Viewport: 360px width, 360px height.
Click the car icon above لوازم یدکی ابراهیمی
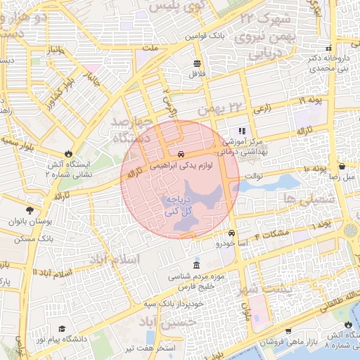click(x=181, y=154)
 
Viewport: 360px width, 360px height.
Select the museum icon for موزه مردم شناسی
click(x=195, y=265)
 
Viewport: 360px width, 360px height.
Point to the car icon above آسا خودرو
click(x=232, y=233)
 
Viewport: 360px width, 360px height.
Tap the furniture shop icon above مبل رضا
click(x=342, y=167)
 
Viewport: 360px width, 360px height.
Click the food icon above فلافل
click(x=196, y=63)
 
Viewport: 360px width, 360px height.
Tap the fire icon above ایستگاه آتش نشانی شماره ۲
click(x=68, y=153)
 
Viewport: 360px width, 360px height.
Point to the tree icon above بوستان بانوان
click(x=29, y=210)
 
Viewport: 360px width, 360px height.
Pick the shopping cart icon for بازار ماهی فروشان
click(x=288, y=330)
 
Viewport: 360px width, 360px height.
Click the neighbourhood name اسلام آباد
click(x=114, y=259)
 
